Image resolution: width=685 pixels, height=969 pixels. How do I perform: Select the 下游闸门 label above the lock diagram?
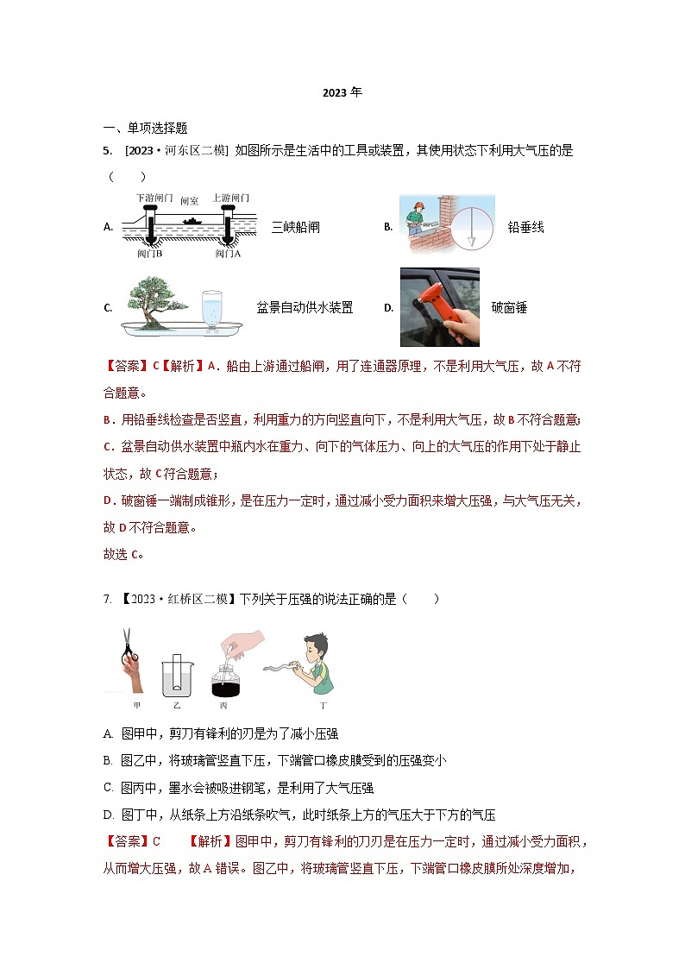[154, 198]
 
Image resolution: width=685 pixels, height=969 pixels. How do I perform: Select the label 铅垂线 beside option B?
[525, 228]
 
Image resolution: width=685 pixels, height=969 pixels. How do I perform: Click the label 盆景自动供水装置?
[304, 308]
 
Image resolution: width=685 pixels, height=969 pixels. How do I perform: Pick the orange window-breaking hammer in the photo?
[429, 303]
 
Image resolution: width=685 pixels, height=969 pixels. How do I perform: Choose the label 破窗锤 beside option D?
[508, 308]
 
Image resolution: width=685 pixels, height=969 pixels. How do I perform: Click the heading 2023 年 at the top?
[342, 93]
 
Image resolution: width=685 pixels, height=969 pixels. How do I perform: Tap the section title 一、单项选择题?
[145, 129]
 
